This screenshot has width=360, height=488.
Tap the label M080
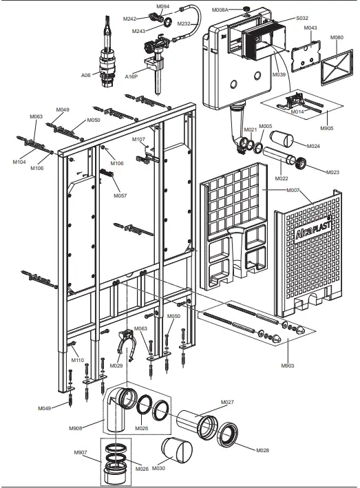pyautogui.click(x=337, y=36)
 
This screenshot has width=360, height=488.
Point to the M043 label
pyautogui.click(x=310, y=28)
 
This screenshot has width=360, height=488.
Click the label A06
pyautogui.click(x=85, y=75)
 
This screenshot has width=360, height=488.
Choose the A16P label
pyautogui.click(x=132, y=76)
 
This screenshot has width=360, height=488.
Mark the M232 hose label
pyautogui.click(x=184, y=24)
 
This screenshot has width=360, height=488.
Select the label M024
pyautogui.click(x=313, y=146)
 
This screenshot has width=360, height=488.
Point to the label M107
pyautogui.click(x=139, y=140)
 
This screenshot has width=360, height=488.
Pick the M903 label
pyautogui.click(x=287, y=365)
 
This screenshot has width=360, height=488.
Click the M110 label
pyautogui.click(x=78, y=360)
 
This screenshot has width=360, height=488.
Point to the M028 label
pyautogui.click(x=262, y=450)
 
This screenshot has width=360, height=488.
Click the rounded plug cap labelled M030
pyautogui.click(x=181, y=452)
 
